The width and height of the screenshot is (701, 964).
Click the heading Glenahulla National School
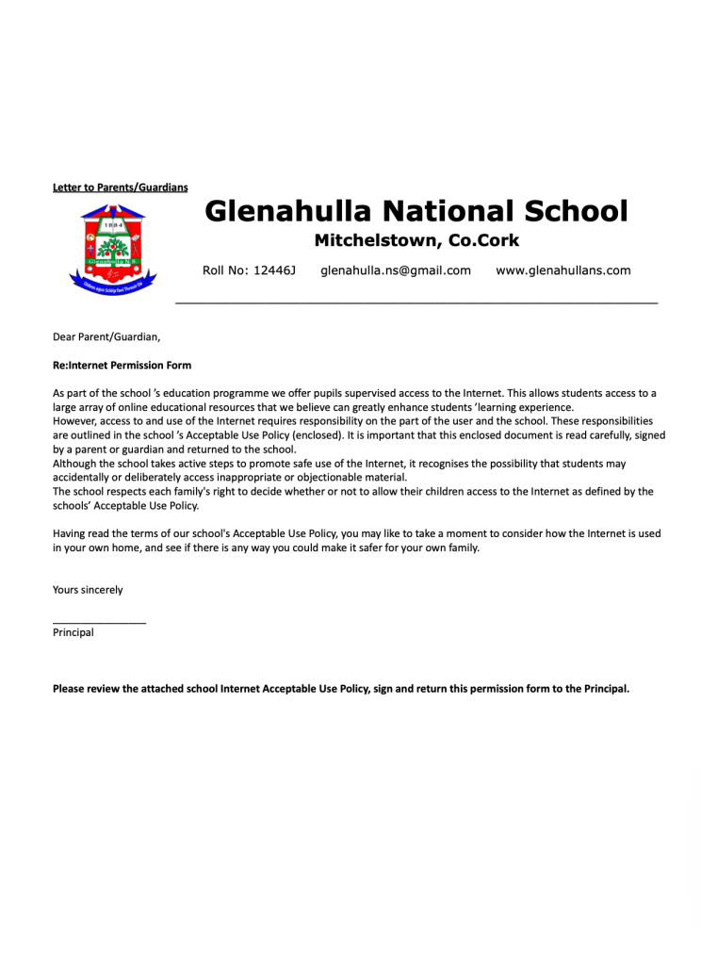coord(416,210)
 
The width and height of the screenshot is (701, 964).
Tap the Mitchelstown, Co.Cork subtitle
coord(416,240)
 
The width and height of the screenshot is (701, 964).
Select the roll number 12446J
coord(275,270)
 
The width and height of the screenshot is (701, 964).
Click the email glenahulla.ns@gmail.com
coord(395,270)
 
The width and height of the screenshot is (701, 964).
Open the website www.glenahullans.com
coord(562,270)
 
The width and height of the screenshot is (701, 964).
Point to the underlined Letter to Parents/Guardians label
coord(120,188)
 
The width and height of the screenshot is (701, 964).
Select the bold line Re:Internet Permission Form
coord(122,365)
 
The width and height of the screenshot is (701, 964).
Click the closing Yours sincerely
coord(88,590)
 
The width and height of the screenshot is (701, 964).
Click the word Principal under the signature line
coord(73,633)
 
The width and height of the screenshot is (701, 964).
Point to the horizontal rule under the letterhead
coord(416,302)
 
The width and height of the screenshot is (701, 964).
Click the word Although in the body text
coord(77,464)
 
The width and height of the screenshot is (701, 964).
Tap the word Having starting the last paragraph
coord(72,533)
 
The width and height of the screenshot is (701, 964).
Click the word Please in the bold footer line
coord(70,689)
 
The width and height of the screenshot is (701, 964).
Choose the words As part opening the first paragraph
coord(73,393)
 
